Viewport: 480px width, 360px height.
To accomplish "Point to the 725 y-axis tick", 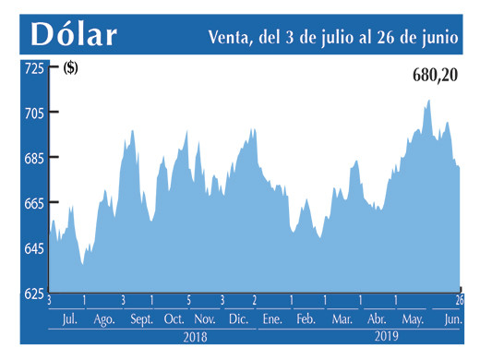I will (x=33, y=68).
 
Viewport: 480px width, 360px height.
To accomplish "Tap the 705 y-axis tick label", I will (x=33, y=114).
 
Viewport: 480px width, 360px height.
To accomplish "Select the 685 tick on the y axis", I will (x=33, y=159).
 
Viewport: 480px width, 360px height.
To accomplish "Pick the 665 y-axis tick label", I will (x=33, y=204).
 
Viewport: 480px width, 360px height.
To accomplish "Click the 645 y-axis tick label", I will (x=33, y=249).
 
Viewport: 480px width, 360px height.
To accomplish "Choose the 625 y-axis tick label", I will (x=33, y=294).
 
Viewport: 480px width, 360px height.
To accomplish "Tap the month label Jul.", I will (x=68, y=319).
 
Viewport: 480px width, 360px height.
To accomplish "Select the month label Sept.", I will (x=141, y=319).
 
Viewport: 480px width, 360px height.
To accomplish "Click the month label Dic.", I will (x=237, y=319).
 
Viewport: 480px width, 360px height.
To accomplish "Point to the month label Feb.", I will (x=306, y=319).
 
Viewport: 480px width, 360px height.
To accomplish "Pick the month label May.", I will (x=412, y=319).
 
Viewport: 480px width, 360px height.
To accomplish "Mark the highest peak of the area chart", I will (x=428, y=100).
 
